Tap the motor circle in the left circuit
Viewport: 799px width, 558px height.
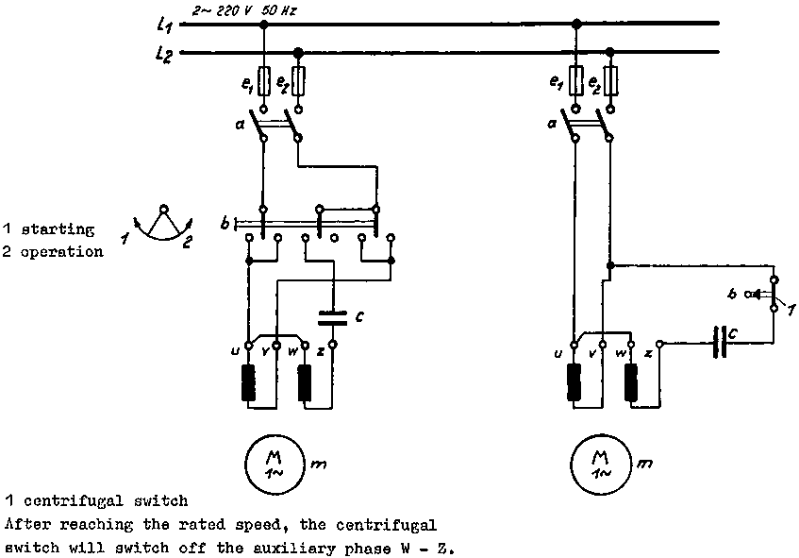pyautogui.click(x=270, y=463)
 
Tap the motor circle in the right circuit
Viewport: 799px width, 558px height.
pyautogui.click(x=598, y=463)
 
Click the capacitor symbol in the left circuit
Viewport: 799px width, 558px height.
pyautogui.click(x=331, y=315)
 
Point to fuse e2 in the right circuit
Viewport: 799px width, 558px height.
pyautogui.click(x=610, y=83)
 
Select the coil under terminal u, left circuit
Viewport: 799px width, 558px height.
pyautogui.click(x=249, y=383)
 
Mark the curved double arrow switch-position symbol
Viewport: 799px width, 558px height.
pyautogui.click(x=163, y=227)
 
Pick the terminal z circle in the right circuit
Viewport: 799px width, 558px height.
pyautogui.click(x=660, y=346)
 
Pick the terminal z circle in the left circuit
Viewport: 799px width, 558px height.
pyautogui.click(x=331, y=346)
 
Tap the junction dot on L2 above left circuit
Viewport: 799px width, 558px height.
pyautogui.click(x=299, y=54)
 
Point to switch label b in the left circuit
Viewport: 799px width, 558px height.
pyautogui.click(x=225, y=224)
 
